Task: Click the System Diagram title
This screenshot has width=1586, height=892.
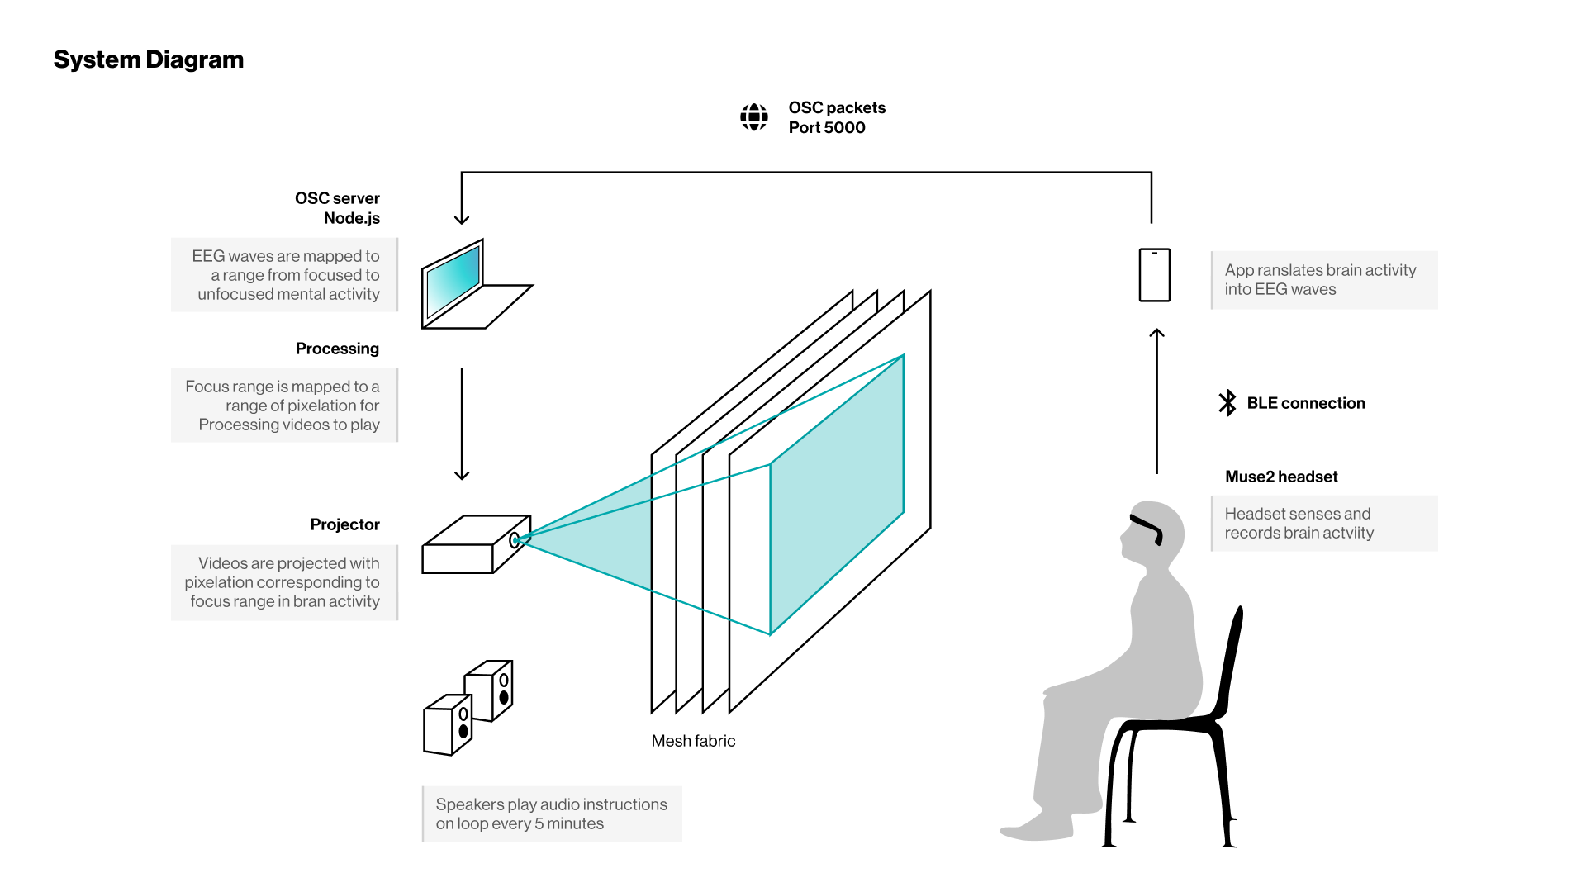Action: click(x=149, y=59)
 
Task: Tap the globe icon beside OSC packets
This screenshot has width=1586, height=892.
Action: click(x=753, y=117)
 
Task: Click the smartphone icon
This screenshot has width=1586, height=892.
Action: click(x=1154, y=275)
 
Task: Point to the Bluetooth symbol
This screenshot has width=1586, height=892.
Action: click(x=1227, y=403)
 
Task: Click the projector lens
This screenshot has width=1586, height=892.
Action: click(x=515, y=541)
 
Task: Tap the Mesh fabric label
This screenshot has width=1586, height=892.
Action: click(x=693, y=741)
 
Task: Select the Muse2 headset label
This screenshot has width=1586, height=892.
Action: click(x=1280, y=477)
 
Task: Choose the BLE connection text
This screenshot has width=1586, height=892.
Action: click(x=1305, y=403)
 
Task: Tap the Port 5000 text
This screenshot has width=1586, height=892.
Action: click(x=826, y=127)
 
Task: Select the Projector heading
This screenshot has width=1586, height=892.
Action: click(x=344, y=524)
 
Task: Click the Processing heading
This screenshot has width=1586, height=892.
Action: click(x=337, y=349)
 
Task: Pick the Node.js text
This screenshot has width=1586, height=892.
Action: click(x=351, y=218)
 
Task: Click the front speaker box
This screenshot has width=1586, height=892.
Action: click(x=446, y=727)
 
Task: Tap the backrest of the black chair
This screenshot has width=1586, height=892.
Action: click(x=1230, y=661)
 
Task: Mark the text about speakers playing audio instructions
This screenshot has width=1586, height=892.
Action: click(x=551, y=814)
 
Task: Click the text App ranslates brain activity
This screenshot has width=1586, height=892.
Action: click(x=1319, y=270)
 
